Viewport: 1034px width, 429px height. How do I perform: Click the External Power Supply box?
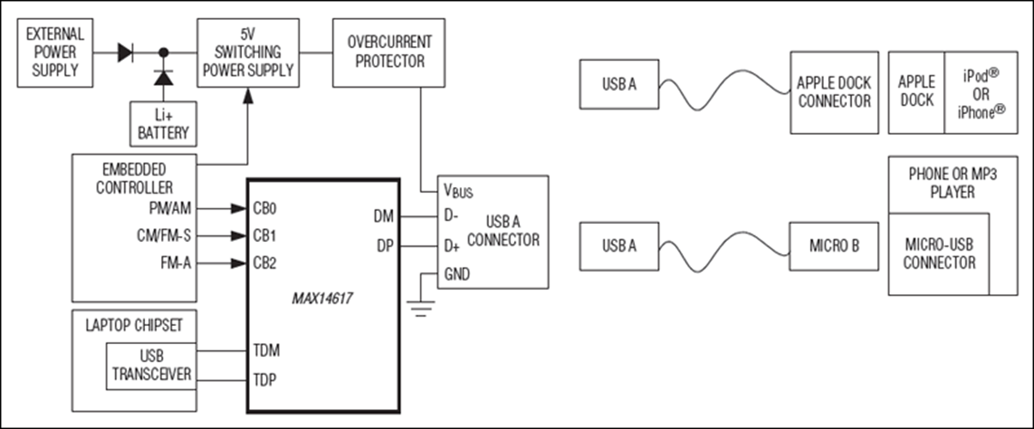pyautogui.click(x=55, y=52)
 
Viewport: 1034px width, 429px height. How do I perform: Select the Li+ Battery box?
pyautogui.click(x=163, y=124)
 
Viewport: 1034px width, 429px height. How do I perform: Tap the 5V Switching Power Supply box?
pyautogui.click(x=248, y=52)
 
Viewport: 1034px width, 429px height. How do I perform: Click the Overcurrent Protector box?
pyautogui.click(x=389, y=52)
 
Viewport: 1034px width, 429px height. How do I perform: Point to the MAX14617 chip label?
pyautogui.click(x=322, y=299)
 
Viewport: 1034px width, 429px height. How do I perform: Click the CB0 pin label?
pyautogui.click(x=264, y=208)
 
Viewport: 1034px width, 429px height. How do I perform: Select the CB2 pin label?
pyautogui.click(x=264, y=263)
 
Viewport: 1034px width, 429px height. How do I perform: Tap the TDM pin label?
pyautogui.click(x=266, y=351)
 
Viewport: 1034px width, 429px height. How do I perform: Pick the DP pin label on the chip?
pyautogui.click(x=385, y=245)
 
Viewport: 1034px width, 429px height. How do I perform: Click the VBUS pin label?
pyautogui.click(x=458, y=190)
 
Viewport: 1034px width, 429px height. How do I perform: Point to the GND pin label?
pyautogui.click(x=457, y=275)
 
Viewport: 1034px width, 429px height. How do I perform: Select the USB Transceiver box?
pyautogui.click(x=151, y=366)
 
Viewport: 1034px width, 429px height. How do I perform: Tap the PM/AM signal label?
pyautogui.click(x=170, y=208)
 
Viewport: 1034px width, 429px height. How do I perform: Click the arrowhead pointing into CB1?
pyautogui.click(x=239, y=236)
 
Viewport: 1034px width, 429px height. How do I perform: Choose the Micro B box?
pyautogui.click(x=834, y=246)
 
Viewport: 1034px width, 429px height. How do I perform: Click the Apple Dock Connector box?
pyautogui.click(x=834, y=93)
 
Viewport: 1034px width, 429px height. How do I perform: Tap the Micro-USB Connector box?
pyautogui.click(x=939, y=254)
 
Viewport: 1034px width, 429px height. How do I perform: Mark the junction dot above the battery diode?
pyautogui.click(x=163, y=52)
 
